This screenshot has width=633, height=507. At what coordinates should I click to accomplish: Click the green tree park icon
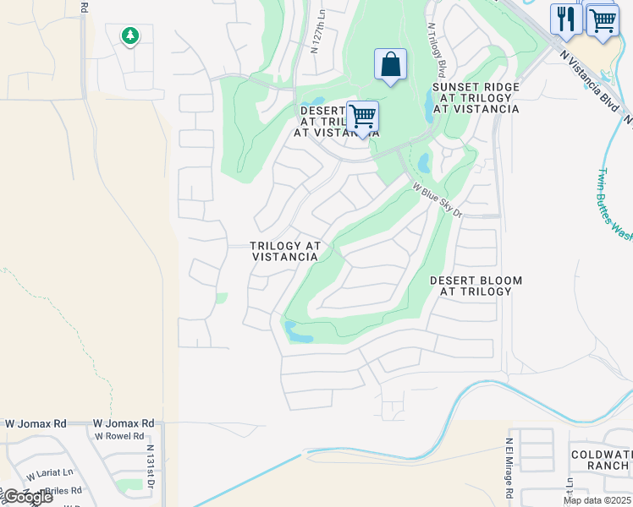tap(129, 35)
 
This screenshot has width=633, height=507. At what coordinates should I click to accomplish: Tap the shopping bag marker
tap(390, 64)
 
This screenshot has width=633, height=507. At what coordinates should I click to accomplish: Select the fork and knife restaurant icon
tap(565, 18)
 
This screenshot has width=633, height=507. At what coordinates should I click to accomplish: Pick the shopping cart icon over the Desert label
tap(362, 116)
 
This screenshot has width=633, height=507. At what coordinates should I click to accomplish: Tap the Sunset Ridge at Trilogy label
tap(475, 98)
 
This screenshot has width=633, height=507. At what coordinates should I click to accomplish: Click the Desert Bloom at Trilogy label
tap(476, 286)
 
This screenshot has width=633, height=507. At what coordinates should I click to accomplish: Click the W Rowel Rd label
tap(123, 437)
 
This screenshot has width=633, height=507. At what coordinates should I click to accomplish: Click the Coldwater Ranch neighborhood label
tap(600, 460)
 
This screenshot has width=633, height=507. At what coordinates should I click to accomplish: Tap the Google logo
tap(27, 497)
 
